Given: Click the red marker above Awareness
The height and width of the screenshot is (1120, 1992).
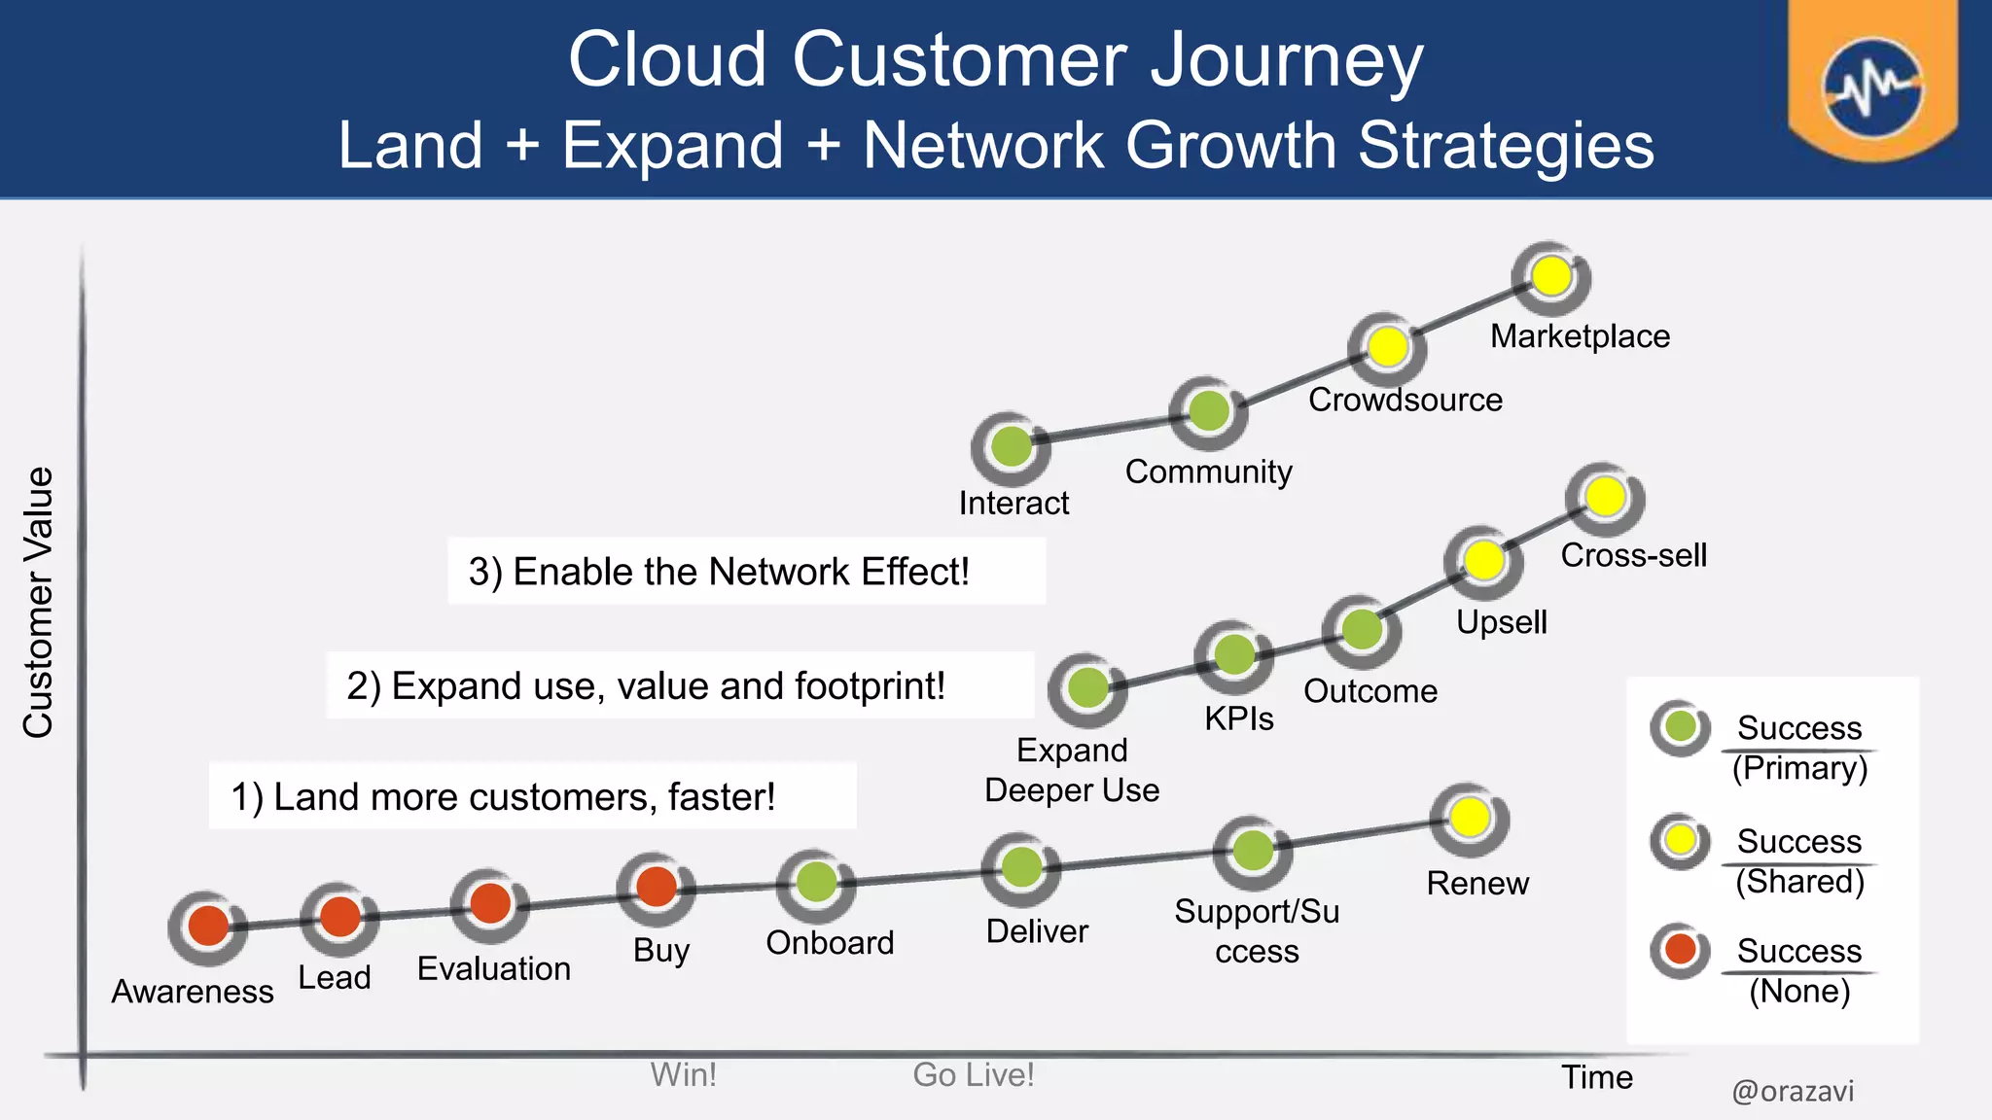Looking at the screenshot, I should pos(208,926).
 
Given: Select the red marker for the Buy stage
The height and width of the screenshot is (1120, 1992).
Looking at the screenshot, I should pos(657,887).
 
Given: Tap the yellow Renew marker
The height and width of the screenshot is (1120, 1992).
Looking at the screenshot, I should pos(1470,818).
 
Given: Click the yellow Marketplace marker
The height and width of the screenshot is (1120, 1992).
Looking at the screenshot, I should pos(1551,276).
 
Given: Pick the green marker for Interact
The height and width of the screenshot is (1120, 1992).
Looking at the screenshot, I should pos(1012,446).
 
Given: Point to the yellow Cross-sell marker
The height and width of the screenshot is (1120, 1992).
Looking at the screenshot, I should pos(1605,497).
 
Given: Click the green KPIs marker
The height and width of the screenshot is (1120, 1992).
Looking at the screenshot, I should pos(1234,654).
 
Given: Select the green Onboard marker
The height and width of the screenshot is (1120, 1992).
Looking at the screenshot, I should pos(816,883).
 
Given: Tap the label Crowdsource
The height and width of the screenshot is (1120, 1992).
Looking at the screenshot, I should pos(1405,400).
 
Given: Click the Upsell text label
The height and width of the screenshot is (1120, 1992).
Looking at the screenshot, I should pos(1501,622).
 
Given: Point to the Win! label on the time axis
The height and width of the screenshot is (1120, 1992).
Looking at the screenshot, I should pos(683,1074).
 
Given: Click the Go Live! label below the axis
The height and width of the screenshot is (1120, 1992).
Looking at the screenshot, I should pos(973,1074).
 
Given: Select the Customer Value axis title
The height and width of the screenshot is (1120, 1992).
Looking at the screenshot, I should pos(39,603).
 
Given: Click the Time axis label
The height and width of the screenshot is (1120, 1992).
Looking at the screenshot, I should pos(1596,1077).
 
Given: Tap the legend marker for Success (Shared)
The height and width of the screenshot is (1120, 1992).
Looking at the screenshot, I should pos(1680,839).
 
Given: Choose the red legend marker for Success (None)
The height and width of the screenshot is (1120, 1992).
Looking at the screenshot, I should pos(1680,949).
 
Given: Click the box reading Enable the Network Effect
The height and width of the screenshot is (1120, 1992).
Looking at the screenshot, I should pos(746,572).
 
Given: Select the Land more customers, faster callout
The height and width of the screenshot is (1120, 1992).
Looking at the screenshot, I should pos(532,796).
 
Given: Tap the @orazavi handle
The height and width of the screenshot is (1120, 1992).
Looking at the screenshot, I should pos(1793,1091).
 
